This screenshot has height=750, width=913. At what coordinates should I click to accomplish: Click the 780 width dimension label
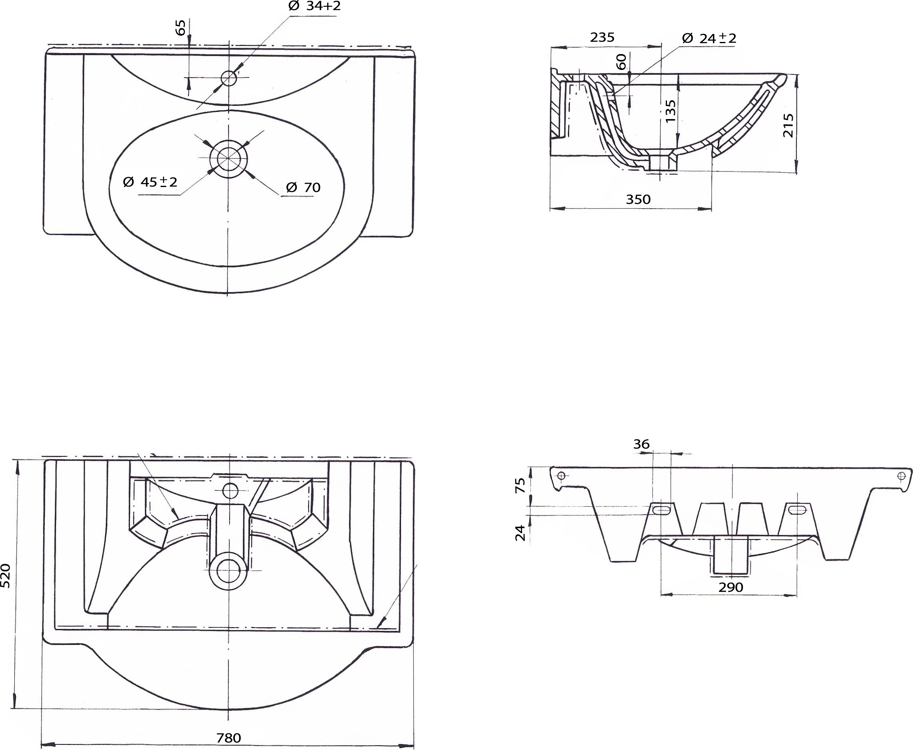point(228,738)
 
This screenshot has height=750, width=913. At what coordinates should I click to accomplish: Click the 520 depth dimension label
point(5,575)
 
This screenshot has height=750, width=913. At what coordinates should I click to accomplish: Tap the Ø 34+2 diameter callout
point(314,6)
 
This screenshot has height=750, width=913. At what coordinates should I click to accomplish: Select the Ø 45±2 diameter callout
point(150,182)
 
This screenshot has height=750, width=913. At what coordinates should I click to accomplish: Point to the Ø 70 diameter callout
point(303,187)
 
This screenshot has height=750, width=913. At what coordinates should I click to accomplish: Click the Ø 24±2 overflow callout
point(709,38)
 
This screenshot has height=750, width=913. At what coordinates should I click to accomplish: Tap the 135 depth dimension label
point(670,111)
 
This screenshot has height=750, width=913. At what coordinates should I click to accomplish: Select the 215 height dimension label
point(788,125)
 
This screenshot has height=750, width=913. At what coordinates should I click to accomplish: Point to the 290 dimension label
point(731,587)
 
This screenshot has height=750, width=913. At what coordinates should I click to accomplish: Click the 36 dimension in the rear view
point(641,444)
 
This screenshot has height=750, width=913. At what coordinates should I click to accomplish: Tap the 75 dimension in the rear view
point(521,485)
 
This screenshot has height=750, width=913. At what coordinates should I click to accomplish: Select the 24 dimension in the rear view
point(521,533)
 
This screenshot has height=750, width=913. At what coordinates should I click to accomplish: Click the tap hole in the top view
point(228,78)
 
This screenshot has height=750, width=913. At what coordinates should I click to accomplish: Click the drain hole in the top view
point(228,159)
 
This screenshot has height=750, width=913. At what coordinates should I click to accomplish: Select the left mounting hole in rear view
point(561,475)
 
